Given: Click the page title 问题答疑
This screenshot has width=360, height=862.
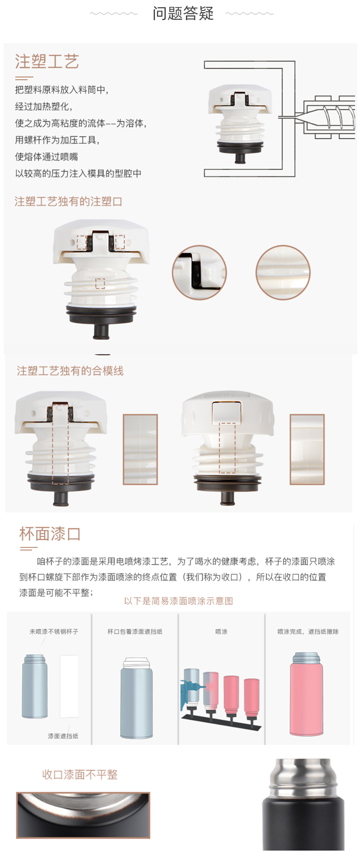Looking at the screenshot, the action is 183,13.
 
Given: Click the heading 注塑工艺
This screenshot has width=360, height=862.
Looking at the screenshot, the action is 47,62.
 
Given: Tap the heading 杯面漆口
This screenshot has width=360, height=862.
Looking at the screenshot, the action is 50,534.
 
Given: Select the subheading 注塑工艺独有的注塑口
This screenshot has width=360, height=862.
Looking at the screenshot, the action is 68,201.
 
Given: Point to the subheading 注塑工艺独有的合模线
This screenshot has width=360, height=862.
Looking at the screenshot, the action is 70,371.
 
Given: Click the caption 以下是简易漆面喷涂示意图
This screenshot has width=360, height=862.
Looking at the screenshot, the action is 179,601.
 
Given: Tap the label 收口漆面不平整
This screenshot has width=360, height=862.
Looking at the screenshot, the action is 80,774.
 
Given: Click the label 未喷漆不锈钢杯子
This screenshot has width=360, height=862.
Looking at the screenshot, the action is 54,631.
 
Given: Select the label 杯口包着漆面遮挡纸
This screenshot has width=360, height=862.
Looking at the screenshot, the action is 135,631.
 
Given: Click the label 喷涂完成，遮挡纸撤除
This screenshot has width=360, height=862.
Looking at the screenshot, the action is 308,631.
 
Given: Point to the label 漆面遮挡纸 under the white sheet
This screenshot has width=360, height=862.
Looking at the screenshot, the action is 63,736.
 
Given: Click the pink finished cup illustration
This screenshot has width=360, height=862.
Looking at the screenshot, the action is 307,694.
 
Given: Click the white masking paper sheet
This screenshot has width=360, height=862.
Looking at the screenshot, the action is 69,686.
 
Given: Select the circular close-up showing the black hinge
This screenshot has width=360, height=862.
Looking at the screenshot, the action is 199,272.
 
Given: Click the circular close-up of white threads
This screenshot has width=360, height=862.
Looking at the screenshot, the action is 283,272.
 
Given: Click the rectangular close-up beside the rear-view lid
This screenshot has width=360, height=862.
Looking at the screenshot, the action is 307,449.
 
